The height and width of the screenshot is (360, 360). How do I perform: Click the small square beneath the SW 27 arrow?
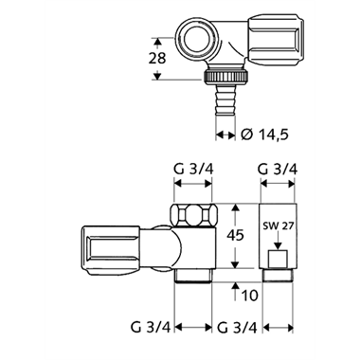[x=279, y=259]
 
